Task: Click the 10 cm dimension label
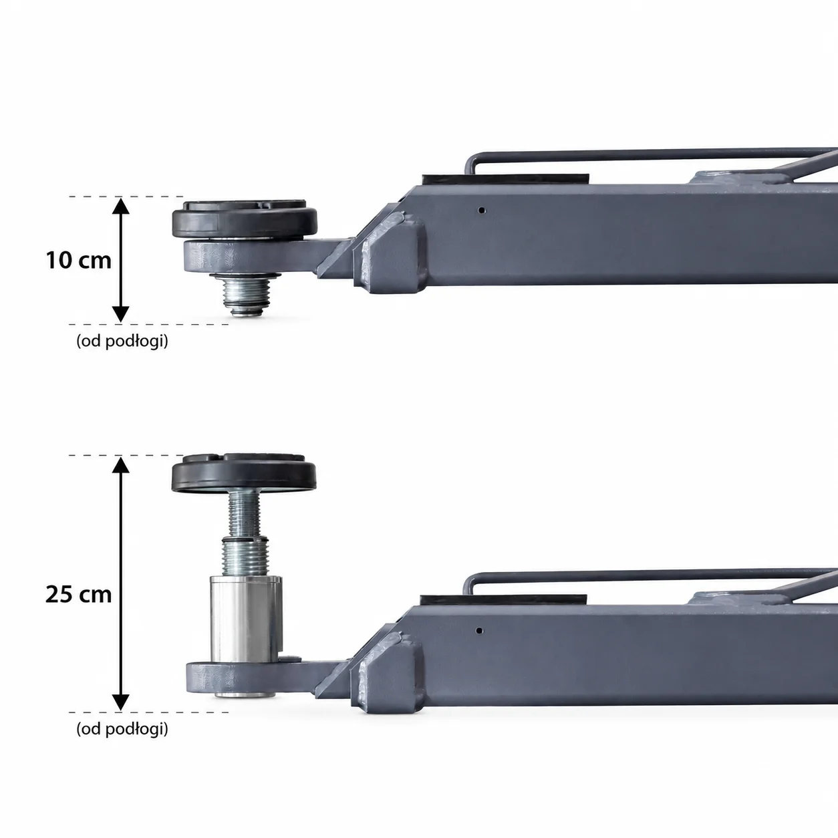coord(79,260)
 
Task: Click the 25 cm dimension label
coord(79,595)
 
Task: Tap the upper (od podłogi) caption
coord(122,341)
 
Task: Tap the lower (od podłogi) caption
coord(122,729)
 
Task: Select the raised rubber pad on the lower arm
coord(244,472)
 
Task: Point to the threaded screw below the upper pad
coord(246,295)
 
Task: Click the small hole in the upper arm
coord(481,211)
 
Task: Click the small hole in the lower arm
coord(478,631)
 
